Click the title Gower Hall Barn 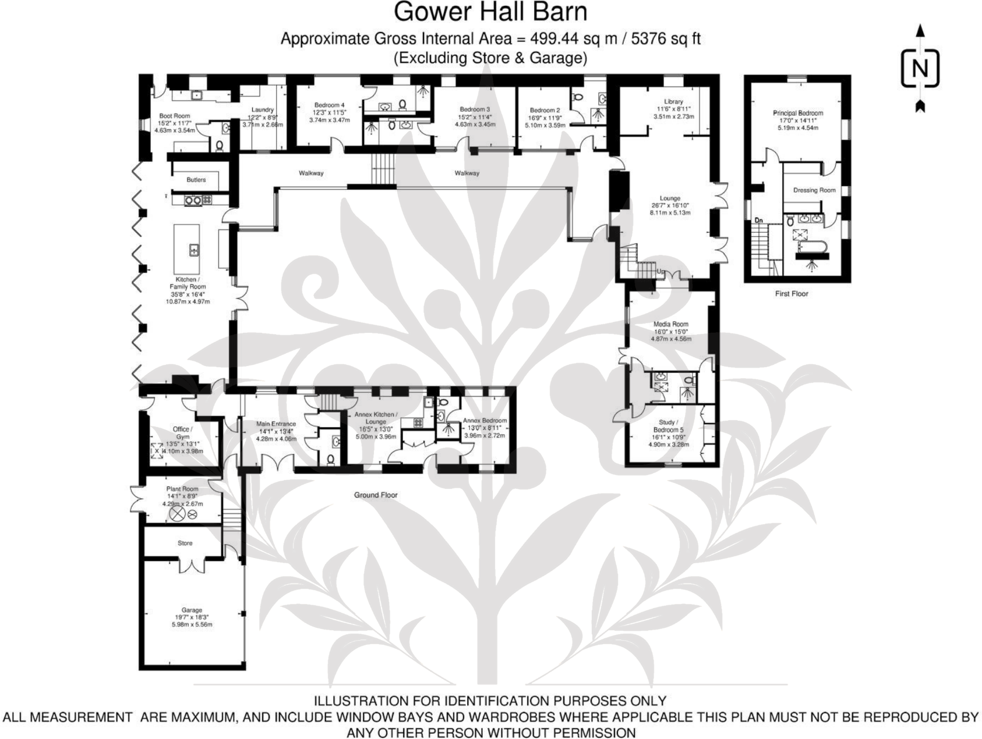click(490, 12)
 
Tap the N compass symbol click(920, 69)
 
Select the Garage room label click(192, 610)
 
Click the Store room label click(185, 543)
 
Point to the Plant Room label click(182, 489)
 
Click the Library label click(673, 101)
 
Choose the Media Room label click(671, 324)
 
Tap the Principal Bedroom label click(798, 113)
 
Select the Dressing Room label click(814, 190)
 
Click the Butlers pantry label click(196, 180)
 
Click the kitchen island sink click(193, 250)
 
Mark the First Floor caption click(792, 293)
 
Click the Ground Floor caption click(376, 495)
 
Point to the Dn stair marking click(759, 221)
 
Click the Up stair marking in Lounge click(660, 272)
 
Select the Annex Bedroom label click(485, 420)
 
